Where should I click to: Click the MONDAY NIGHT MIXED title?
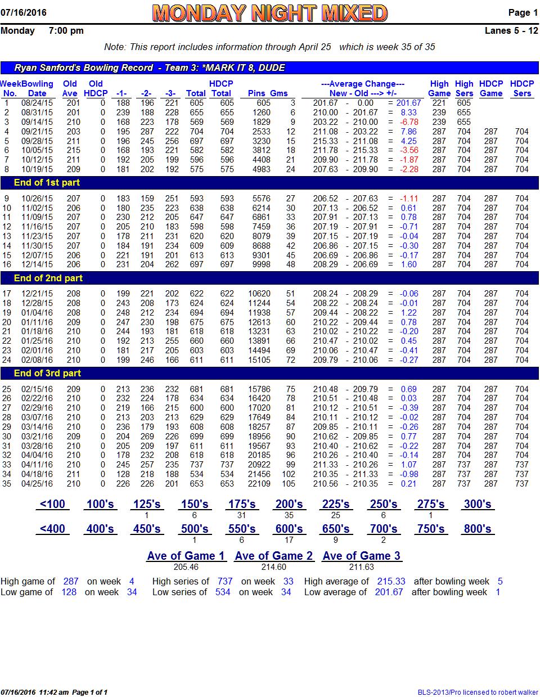click(x=269, y=13)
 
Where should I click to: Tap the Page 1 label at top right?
click(x=523, y=12)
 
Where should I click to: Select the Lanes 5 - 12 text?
click(x=511, y=30)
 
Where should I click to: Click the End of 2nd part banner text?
click(x=48, y=278)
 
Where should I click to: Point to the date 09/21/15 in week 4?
click(x=37, y=132)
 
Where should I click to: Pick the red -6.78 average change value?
click(x=408, y=122)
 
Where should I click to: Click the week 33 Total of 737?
click(x=196, y=465)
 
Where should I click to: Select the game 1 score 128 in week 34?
click(x=123, y=474)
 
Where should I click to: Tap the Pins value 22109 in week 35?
click(x=259, y=484)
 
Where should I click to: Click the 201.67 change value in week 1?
click(x=408, y=103)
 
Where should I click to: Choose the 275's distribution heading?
click(x=431, y=504)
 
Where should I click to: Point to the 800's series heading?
click(x=478, y=529)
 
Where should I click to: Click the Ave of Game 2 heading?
click(x=273, y=556)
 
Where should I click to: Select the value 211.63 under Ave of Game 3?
click(x=361, y=567)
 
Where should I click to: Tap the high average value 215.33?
click(x=391, y=582)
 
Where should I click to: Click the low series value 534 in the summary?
click(x=223, y=592)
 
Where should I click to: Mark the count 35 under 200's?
click(x=289, y=515)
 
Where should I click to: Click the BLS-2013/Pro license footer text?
click(x=478, y=692)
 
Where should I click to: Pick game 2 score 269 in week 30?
click(x=147, y=436)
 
